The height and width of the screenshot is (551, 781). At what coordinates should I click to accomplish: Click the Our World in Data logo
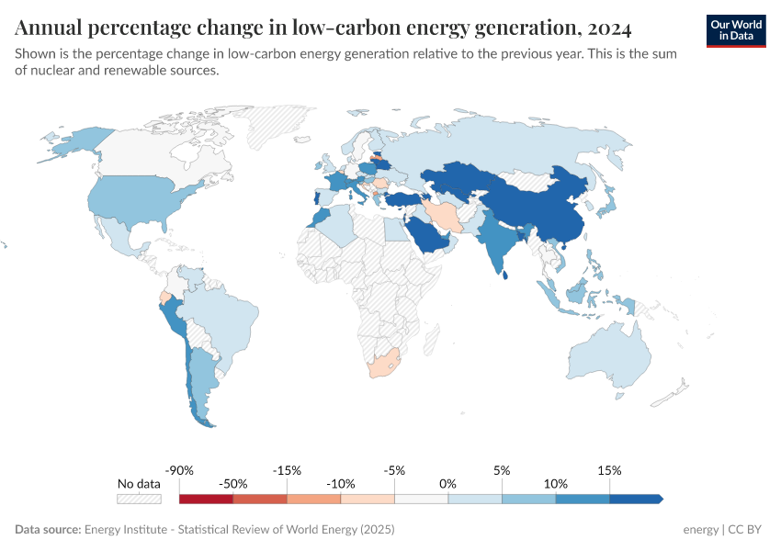pos(735,30)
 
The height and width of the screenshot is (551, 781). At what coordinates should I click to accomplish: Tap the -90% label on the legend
pos(180,470)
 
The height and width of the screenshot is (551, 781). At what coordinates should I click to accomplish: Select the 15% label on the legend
pos(609,470)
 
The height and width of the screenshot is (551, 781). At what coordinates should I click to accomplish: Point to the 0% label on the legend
pos(448,483)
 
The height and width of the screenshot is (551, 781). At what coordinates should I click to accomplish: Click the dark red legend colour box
pos(206,499)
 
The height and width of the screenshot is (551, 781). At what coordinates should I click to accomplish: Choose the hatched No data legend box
pos(139,499)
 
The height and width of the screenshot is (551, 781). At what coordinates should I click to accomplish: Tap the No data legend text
pos(139,483)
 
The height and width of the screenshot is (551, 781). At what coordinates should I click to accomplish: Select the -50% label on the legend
pos(233,483)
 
